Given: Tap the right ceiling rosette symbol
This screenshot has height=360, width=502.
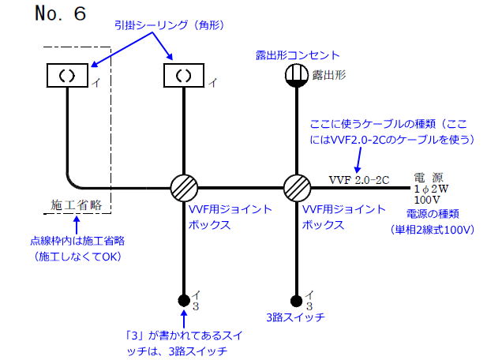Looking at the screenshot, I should point(183,76).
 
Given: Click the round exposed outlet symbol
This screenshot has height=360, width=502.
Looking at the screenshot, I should point(297,76).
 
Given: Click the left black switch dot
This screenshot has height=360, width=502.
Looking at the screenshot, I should point(183,300).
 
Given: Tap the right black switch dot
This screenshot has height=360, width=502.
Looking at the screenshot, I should point(297,300).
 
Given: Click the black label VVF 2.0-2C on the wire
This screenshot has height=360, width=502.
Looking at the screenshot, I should point(359,179).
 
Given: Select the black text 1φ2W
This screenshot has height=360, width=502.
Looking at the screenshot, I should point(430,189).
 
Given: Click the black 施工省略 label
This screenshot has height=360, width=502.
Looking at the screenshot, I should point(77,205).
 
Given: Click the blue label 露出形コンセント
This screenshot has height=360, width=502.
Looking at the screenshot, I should point(298,55).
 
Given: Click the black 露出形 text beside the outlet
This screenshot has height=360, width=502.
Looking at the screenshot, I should point(329,75).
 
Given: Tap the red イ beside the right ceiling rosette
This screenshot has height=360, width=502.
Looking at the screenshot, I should point(212,81).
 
